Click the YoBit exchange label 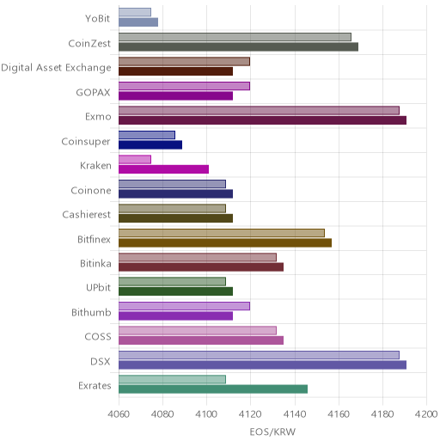point(98,19)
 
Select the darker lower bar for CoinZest point(238,46)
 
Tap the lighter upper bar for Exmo point(259,111)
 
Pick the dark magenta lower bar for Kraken point(163,169)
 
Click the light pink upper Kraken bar point(135,160)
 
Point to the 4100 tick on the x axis point(206,414)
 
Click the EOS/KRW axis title point(272,432)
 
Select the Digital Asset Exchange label point(56,68)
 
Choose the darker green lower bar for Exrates point(213,389)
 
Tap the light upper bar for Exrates point(172,379)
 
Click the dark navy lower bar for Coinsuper point(150,145)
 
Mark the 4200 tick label point(426,414)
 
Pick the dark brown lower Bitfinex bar point(225,243)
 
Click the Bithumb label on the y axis point(91,312)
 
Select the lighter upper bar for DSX point(259,355)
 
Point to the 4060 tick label point(119,414)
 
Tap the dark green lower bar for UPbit point(175,291)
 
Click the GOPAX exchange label point(93,93)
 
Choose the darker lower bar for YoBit point(138,22)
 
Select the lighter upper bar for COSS point(198,330)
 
